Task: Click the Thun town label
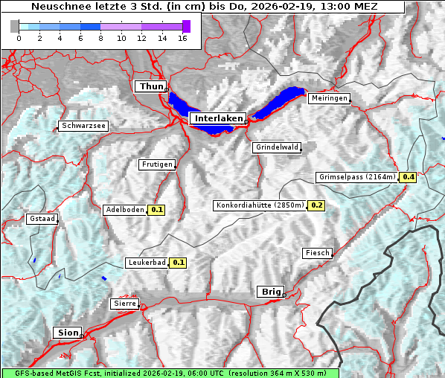151,87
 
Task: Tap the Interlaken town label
217,118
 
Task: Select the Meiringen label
328,98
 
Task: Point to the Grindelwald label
277,147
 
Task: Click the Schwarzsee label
84,126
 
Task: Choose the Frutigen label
156,164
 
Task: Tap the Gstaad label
42,220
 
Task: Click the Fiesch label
317,253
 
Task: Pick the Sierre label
124,304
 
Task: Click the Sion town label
66,333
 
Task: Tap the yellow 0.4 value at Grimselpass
408,177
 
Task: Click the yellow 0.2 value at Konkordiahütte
316,205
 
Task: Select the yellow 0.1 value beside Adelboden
156,210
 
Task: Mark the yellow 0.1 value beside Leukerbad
179,263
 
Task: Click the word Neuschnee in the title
57,7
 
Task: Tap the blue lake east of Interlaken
280,102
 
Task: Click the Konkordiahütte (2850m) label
260,205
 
